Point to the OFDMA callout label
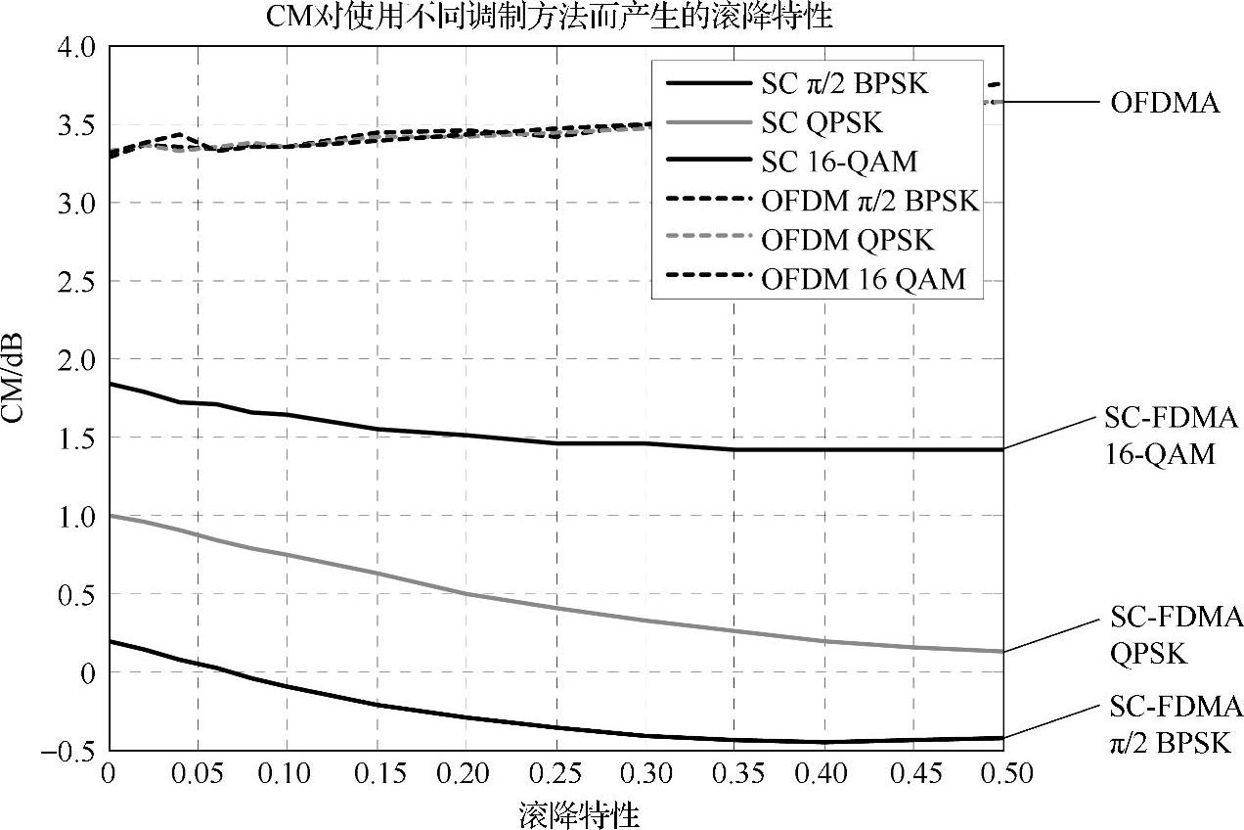[x=1165, y=103]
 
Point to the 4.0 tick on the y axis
[x=75, y=46]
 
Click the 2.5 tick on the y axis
[x=75, y=281]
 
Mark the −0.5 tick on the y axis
[x=68, y=751]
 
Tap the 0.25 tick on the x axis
[x=555, y=774]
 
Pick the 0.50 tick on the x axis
[x=1003, y=774]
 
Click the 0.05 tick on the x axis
[x=198, y=774]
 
